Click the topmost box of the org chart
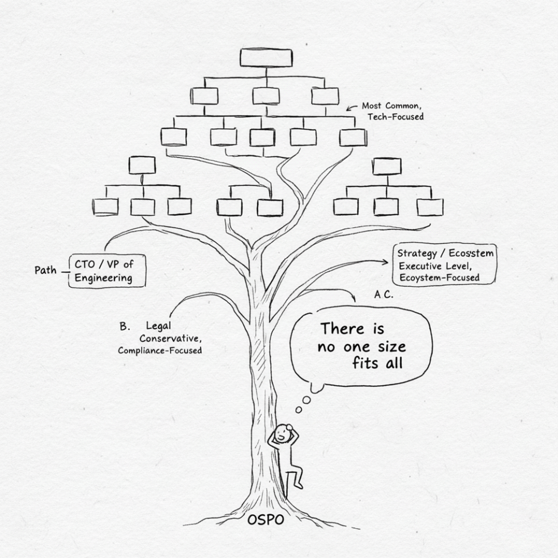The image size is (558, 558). (x=266, y=58)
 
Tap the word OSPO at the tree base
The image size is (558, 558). (x=266, y=520)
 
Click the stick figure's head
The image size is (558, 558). (x=283, y=433)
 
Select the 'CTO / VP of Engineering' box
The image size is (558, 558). (x=107, y=271)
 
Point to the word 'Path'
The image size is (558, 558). (x=45, y=270)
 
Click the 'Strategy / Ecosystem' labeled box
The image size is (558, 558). (x=445, y=264)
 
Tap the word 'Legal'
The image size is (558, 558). (x=159, y=326)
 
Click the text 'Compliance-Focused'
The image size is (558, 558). (x=160, y=351)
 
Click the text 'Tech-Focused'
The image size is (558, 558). (x=396, y=117)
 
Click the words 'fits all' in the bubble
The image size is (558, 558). (x=378, y=363)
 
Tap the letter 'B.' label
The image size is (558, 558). (x=125, y=326)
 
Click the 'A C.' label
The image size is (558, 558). (x=384, y=295)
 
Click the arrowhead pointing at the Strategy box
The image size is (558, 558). (x=385, y=262)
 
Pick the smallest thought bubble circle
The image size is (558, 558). (x=299, y=410)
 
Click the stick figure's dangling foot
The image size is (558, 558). (x=300, y=485)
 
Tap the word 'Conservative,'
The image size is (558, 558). (x=171, y=338)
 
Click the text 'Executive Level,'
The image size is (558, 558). (x=435, y=266)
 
